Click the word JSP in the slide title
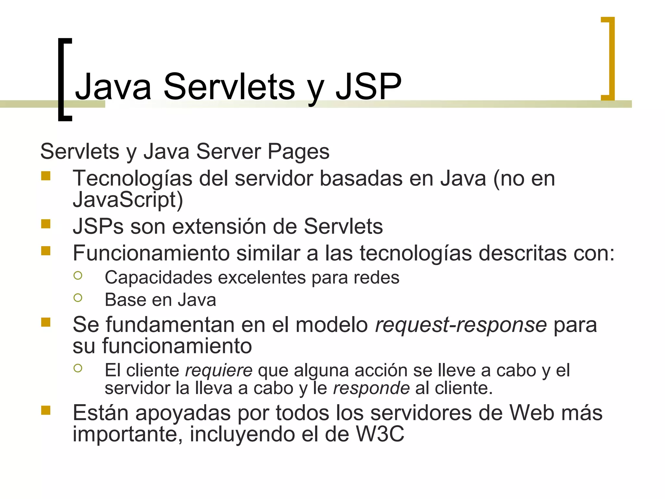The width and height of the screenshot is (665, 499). (369, 86)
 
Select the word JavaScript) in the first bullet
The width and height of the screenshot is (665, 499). (128, 199)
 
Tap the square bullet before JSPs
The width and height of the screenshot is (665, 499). (46, 224)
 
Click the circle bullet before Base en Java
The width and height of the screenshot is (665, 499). (78, 298)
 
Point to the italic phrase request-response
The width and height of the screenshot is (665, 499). (461, 325)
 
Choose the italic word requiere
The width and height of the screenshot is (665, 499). (219, 370)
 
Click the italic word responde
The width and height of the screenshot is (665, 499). (371, 388)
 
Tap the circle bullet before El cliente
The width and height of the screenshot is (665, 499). (78, 368)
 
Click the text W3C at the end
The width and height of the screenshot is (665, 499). (380, 434)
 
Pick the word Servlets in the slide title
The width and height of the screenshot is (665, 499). (229, 86)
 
